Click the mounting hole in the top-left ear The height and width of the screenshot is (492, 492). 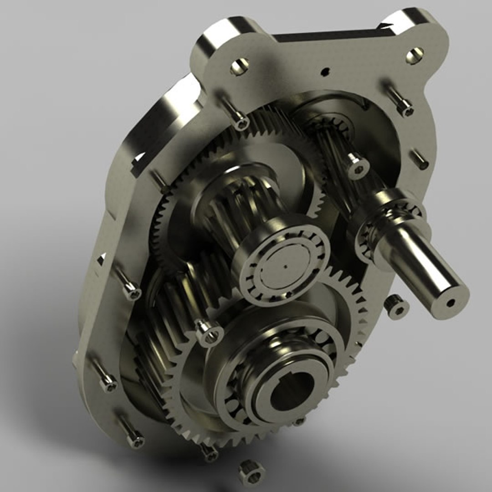240,67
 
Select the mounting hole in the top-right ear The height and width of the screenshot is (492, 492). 415,56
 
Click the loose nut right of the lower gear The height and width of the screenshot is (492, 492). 395,306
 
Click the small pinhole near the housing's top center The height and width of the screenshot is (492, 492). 325,71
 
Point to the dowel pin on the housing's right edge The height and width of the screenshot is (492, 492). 420,160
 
